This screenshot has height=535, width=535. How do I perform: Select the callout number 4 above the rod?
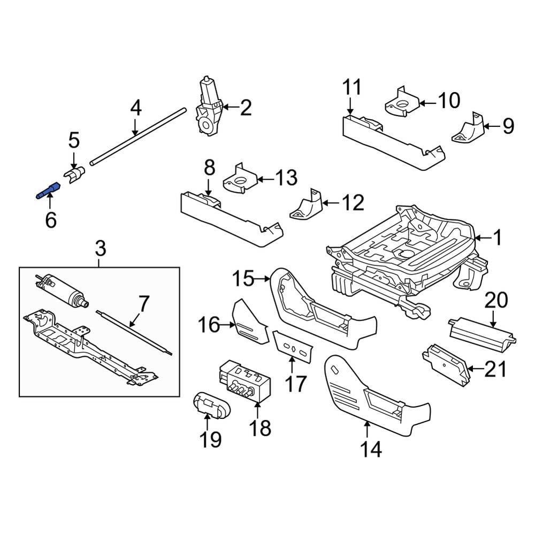click(x=136, y=109)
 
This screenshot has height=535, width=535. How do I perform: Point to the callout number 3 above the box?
click(x=101, y=248)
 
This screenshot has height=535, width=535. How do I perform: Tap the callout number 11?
click(x=351, y=87)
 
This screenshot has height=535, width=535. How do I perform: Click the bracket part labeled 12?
click(x=307, y=205)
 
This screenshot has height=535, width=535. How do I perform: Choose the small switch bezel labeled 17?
click(x=292, y=347)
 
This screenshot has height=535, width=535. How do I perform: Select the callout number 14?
click(x=371, y=450)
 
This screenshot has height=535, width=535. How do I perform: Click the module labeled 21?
click(x=445, y=364)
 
